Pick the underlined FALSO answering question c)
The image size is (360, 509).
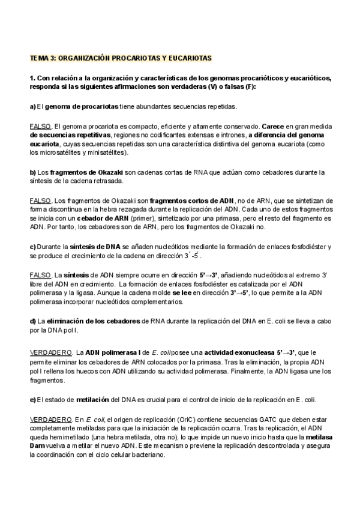pyautogui.click(x=40, y=275)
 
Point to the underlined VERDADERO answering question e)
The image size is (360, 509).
pyautogui.click(x=51, y=417)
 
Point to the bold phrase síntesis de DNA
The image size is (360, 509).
pyautogui.click(x=96, y=247)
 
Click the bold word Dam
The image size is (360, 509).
pyautogui.click(x=39, y=447)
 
